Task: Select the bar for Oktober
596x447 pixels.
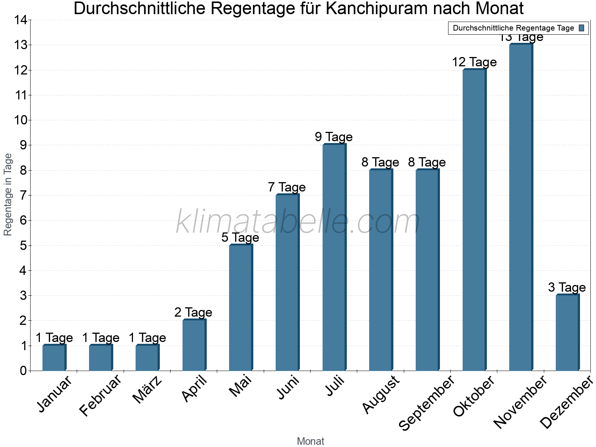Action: click(474, 220)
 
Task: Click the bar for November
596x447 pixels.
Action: click(520, 207)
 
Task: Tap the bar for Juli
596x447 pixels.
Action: click(334, 257)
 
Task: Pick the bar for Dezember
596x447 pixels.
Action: click(567, 333)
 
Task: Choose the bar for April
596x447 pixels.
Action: click(194, 345)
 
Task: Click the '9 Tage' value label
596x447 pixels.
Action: click(334, 137)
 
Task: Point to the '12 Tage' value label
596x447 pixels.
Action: click(474, 62)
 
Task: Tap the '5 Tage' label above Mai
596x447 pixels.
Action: click(240, 238)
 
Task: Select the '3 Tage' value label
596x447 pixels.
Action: click(567, 288)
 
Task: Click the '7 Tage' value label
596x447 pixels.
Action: click(287, 187)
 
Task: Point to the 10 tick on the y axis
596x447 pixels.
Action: click(21, 120)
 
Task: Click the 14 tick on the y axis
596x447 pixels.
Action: click(21, 20)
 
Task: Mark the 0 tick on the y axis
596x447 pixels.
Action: click(23, 371)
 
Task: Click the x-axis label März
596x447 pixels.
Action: click(148, 390)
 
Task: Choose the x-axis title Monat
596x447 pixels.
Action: click(310, 441)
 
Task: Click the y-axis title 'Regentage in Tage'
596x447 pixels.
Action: click(8, 194)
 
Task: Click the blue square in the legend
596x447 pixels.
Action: click(582, 28)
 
